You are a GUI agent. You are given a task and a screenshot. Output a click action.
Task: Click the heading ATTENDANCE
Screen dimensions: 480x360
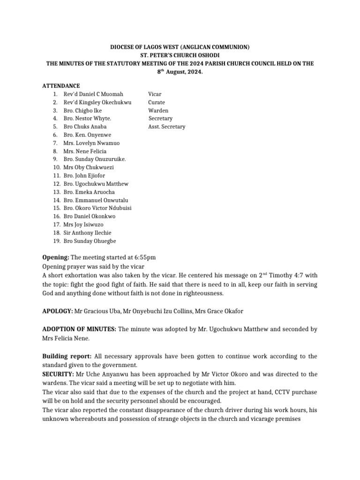click(x=61, y=86)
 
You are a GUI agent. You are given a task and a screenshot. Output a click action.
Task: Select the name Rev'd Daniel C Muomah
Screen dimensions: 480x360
click(x=93, y=94)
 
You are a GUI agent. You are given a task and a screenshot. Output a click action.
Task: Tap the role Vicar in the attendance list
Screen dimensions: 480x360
click(x=155, y=94)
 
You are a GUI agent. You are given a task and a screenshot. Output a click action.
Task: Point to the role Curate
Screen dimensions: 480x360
click(x=157, y=102)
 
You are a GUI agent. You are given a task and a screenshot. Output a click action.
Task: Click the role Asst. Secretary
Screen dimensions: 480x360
click(x=167, y=127)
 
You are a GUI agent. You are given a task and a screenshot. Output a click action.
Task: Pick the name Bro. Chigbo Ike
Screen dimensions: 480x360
click(x=82, y=111)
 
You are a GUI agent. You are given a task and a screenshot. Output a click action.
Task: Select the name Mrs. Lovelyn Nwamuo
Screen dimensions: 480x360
click(x=91, y=143)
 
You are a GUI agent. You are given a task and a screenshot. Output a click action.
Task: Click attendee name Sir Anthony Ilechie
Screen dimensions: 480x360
click(x=88, y=232)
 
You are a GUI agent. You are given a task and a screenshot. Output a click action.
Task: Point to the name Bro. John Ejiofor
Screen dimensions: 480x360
click(x=84, y=176)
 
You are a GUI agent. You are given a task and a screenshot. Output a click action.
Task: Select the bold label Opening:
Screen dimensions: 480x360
click(x=56, y=257)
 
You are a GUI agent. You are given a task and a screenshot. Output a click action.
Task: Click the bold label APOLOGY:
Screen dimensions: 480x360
click(x=58, y=311)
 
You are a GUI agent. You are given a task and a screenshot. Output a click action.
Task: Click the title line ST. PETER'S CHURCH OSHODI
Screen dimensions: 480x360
click(x=180, y=55)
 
